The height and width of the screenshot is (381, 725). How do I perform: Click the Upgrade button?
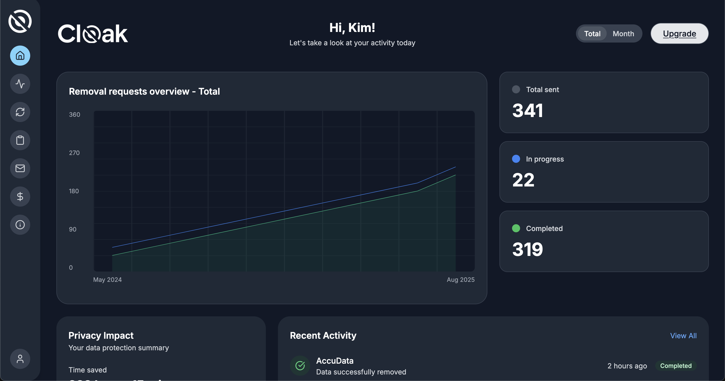(x=679, y=33)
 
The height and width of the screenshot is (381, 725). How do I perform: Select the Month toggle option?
(x=623, y=34)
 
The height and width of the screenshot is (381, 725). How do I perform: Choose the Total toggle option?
(x=592, y=34)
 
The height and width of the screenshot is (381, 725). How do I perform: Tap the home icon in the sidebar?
(x=20, y=56)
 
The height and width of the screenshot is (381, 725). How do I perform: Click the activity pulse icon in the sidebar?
(x=20, y=84)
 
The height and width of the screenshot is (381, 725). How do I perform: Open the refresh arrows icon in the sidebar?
(x=20, y=112)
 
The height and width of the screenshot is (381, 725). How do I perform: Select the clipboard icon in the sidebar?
(x=20, y=140)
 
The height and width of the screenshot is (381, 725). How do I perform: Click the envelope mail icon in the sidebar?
(x=20, y=168)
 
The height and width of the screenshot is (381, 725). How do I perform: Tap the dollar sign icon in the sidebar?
(x=20, y=196)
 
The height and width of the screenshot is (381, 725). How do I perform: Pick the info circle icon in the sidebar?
(x=20, y=224)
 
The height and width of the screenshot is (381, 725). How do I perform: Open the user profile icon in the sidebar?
(x=20, y=359)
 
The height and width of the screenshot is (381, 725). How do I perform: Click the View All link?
(x=683, y=336)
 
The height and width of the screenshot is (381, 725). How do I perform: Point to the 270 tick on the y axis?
(x=74, y=153)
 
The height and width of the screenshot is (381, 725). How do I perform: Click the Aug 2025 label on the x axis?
(x=460, y=280)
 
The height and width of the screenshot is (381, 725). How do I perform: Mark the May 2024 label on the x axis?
(x=107, y=280)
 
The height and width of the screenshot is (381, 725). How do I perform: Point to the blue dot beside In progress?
(x=516, y=159)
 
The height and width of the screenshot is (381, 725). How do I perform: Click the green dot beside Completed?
(x=516, y=228)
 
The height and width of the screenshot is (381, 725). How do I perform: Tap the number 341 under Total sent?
(x=527, y=110)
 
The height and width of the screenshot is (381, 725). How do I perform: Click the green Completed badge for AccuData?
(x=676, y=366)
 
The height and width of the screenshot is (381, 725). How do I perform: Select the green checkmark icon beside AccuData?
(x=300, y=366)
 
